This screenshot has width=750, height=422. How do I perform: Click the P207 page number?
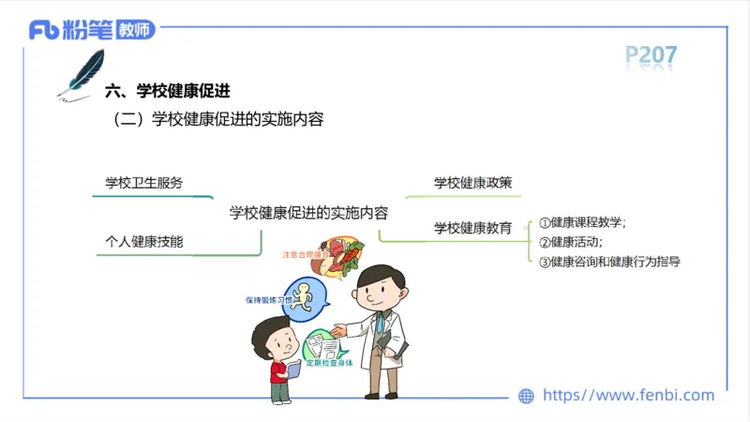652,56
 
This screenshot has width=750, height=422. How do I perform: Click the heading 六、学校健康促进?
170,91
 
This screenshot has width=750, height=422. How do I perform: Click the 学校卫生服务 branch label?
144,183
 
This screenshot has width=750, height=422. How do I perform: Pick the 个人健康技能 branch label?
144,242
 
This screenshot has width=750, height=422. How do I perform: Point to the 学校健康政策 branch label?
472,183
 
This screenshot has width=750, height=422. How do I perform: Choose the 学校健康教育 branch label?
472,227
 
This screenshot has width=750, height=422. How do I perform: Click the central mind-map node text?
309,212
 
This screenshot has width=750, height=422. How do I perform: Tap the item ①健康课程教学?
583,223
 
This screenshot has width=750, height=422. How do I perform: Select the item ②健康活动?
572,242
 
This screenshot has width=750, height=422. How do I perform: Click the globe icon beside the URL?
526,396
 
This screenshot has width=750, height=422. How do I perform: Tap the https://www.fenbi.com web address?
629,396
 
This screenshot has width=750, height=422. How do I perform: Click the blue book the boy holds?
292,369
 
